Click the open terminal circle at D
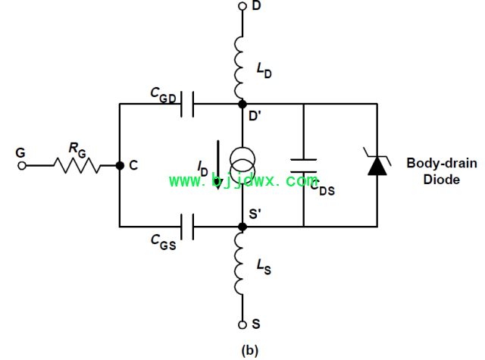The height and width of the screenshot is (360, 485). pos(242,6)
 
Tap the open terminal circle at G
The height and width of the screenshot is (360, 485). pos(22,166)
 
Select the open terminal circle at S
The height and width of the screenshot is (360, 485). pos(242,324)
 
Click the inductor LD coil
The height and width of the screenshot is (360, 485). pos(239,67)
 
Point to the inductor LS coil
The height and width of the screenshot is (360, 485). pos(239,264)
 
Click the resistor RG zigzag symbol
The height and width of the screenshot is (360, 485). pos(77,165)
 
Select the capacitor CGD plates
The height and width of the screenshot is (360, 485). pos(187,105)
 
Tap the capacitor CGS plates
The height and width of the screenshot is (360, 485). pos(187,227)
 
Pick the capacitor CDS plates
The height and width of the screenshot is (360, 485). pos(303,166)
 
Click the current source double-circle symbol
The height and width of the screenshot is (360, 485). pos(242,164)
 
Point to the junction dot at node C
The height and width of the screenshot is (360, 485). pos(120,166)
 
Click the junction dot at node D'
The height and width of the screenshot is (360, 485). pos(242,105)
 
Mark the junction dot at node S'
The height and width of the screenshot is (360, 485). pos(242,227)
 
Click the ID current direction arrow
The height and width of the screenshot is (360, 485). pos(218,165)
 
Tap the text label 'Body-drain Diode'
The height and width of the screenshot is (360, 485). pos(442,171)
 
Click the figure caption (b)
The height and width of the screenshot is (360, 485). pos(249,350)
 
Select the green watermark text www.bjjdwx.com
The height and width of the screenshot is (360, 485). pos(243,180)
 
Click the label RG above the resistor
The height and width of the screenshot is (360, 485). pos(77,150)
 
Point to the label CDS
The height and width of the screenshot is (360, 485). pos(322,189)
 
